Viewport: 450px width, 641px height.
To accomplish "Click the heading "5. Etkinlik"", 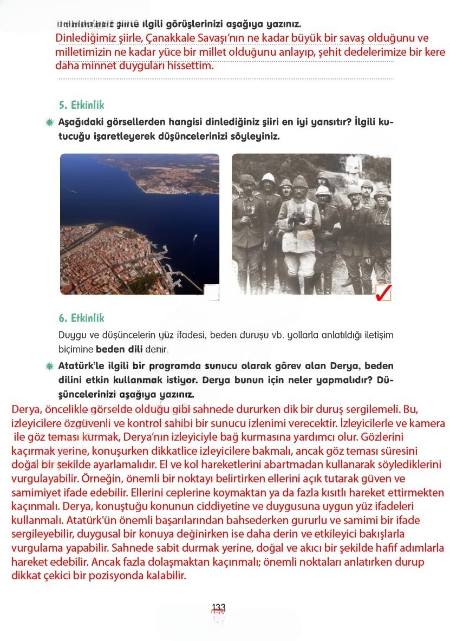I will [x=81, y=105].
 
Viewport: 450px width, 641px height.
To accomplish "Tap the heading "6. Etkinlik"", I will [x=81, y=318].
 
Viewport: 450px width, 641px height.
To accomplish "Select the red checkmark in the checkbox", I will [x=383, y=293].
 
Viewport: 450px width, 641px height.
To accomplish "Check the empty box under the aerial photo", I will [x=212, y=292].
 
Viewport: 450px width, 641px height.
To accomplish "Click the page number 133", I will [x=219, y=607].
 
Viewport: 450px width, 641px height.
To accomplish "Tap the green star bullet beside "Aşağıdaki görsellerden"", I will [x=50, y=122].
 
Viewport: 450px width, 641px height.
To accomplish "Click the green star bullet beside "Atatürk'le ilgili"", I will [x=50, y=367].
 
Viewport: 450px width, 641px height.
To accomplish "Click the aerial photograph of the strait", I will [x=139, y=224].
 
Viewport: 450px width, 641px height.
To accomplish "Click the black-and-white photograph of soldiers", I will [x=311, y=224].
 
